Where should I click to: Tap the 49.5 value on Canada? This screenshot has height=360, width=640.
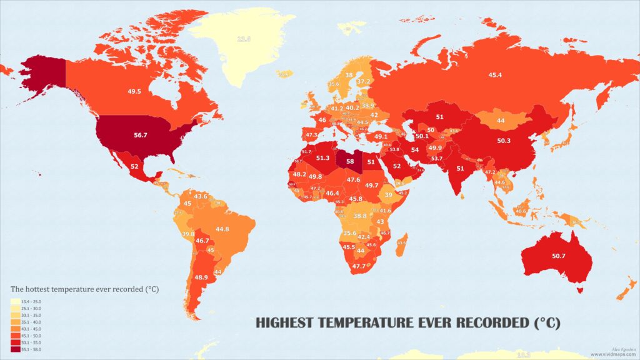click(x=134, y=91)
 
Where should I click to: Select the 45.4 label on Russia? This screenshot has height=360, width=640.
click(x=494, y=75)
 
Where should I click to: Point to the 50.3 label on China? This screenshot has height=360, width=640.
click(x=504, y=141)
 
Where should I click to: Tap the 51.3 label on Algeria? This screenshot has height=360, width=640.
click(x=324, y=158)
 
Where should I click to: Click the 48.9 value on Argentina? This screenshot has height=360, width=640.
click(x=201, y=277)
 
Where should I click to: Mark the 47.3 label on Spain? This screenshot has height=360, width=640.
click(x=311, y=134)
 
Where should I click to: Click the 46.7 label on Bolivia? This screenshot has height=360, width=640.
click(x=202, y=240)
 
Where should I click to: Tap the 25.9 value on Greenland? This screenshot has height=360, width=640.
click(x=243, y=39)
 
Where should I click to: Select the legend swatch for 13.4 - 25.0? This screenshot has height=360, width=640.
click(x=15, y=302)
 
